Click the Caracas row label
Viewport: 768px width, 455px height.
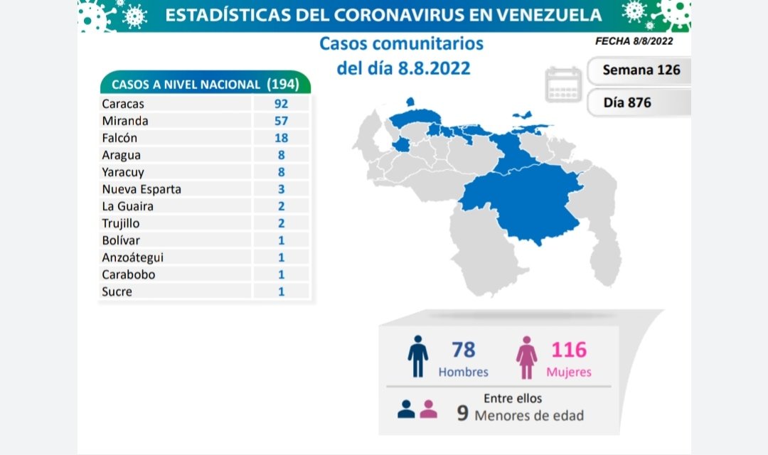(123, 104)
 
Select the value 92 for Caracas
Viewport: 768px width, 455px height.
(281, 104)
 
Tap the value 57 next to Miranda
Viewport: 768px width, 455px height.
(281, 121)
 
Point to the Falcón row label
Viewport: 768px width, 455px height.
(119, 138)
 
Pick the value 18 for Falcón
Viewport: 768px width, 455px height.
(281, 138)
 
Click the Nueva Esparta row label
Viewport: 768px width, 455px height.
(142, 189)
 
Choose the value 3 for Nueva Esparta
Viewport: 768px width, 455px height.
(281, 189)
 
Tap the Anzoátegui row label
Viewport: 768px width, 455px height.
(133, 257)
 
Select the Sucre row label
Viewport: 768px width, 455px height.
(117, 291)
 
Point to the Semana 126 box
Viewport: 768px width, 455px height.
(641, 70)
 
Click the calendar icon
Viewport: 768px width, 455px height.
(564, 85)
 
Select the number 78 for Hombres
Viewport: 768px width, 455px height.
(463, 350)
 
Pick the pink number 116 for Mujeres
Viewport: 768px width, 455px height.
(570, 350)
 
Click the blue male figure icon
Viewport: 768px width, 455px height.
(418, 355)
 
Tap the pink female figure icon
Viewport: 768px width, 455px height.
(527, 357)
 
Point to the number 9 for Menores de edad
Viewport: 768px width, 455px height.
(463, 414)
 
